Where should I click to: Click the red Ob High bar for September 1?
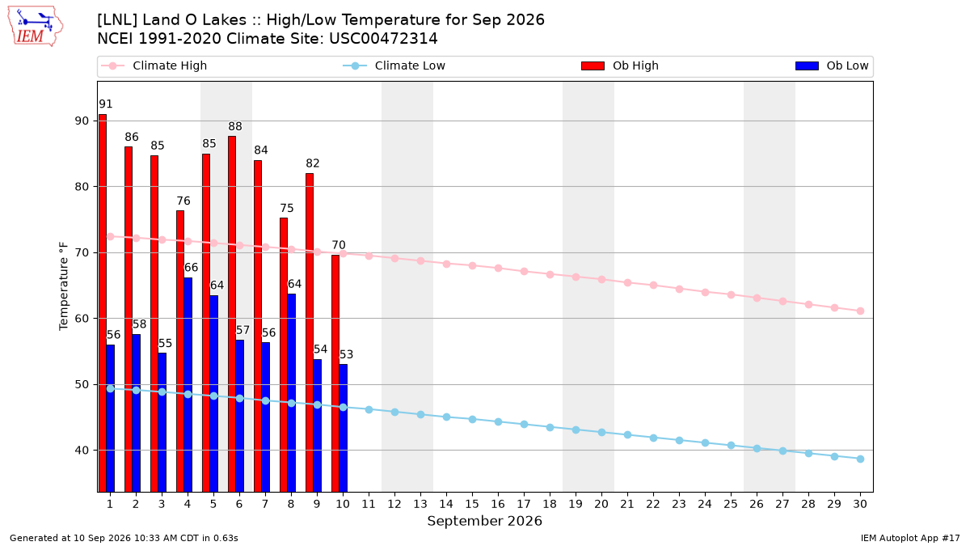[x=103, y=303]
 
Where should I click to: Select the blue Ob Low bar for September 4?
[x=188, y=385]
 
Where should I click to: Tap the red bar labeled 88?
[x=232, y=314]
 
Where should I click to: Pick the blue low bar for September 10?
[x=343, y=428]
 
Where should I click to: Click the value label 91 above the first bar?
[x=106, y=104]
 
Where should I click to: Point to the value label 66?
[x=191, y=268]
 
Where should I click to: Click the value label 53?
[x=346, y=354]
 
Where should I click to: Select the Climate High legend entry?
[x=154, y=66]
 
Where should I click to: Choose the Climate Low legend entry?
[x=394, y=66]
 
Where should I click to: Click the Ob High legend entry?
[x=620, y=66]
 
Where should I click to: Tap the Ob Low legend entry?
[x=832, y=66]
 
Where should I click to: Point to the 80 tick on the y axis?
[x=82, y=187]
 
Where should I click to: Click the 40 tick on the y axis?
[x=82, y=451]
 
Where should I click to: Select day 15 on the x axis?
[x=472, y=504]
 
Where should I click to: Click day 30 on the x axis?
[x=860, y=504]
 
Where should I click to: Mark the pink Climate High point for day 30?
[x=860, y=311]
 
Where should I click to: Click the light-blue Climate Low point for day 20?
[x=601, y=433]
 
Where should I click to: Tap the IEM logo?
[x=36, y=27]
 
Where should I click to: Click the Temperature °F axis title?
[x=64, y=286]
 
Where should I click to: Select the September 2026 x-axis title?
[x=484, y=521]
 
